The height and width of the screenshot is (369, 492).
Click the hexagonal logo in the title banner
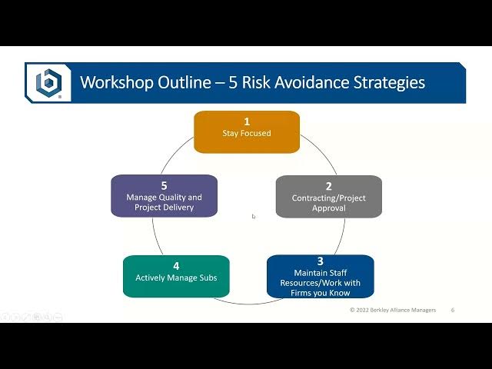point(48,83)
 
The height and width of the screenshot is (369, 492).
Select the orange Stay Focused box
point(247,131)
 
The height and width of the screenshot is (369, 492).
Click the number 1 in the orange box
point(247,121)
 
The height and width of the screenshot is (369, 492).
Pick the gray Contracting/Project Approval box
point(329,197)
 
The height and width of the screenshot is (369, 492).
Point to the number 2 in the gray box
point(328,186)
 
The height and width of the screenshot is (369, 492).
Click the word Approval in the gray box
point(329,208)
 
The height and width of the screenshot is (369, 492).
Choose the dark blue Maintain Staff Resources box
point(320,277)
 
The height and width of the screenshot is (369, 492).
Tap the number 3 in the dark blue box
point(320,261)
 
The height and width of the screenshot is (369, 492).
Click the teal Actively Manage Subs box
point(176,277)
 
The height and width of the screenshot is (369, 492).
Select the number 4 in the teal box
point(176,266)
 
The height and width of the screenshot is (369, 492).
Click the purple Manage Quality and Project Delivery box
point(164,196)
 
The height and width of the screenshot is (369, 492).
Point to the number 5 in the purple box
point(164,186)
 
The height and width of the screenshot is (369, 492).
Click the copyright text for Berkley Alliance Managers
point(393,310)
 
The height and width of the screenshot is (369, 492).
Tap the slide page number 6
point(453,310)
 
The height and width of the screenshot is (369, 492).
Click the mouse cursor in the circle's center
point(254,216)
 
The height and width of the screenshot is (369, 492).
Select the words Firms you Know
point(320,293)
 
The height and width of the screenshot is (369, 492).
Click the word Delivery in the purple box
point(180,208)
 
